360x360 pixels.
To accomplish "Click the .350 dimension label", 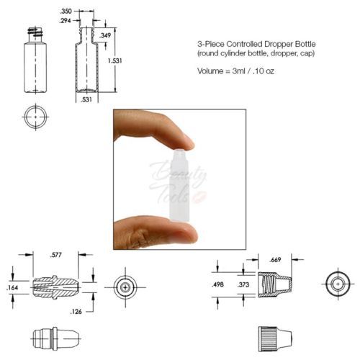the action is point(66,11).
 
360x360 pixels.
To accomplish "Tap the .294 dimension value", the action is point(66,21).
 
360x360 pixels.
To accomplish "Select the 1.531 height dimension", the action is point(114,60).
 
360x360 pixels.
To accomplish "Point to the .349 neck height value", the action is point(105,35).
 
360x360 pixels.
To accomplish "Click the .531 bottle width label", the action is point(86,99).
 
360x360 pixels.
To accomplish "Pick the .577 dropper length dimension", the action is point(56,255).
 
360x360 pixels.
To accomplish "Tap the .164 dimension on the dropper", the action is point(12,287).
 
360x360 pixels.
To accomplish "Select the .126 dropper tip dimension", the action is point(76,312).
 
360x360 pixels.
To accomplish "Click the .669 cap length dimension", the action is point(275,260).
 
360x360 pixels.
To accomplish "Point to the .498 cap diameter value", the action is point(217,284).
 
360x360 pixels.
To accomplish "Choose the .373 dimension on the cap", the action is point(243,284).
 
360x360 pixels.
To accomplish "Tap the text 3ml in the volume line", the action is point(238,71).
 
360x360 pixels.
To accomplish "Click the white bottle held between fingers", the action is point(179,185).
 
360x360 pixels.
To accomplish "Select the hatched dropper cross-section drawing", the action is point(55,287).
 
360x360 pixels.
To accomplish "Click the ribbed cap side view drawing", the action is point(275,339).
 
